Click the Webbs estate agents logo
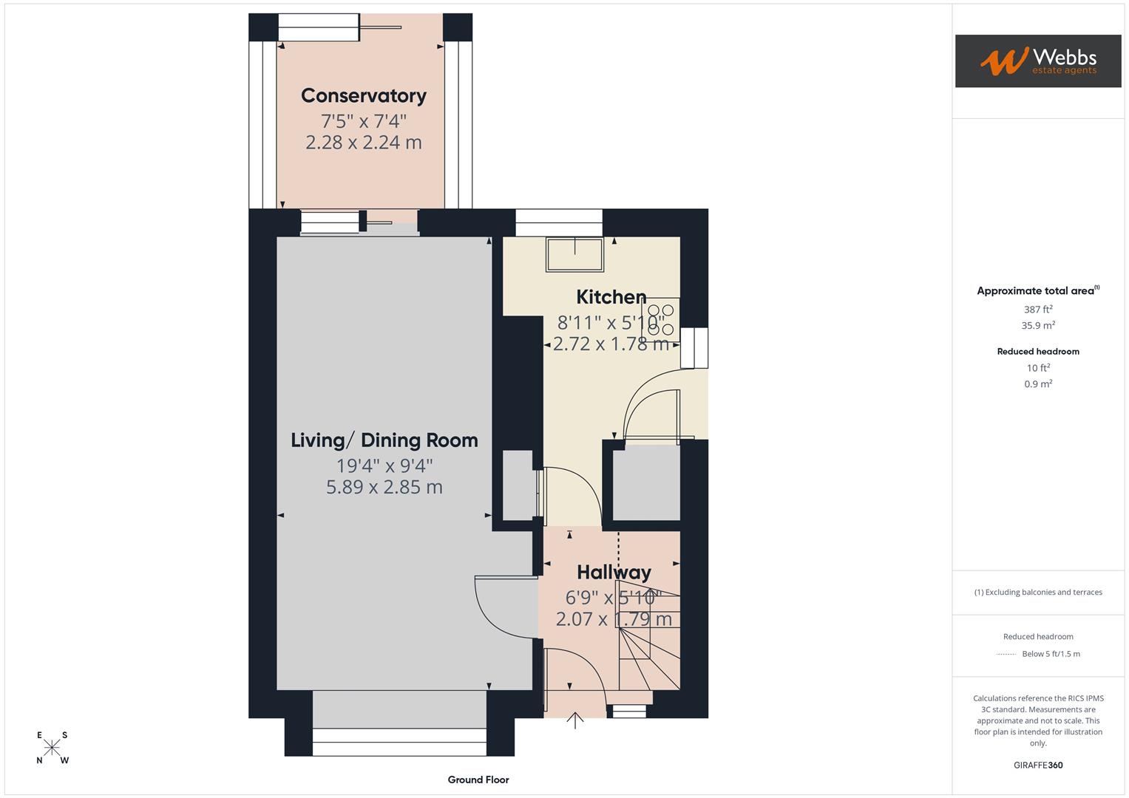(x=1037, y=61)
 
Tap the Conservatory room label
(x=363, y=96)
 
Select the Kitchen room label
(x=611, y=297)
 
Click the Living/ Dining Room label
(x=384, y=440)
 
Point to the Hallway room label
(x=614, y=573)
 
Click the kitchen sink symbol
(x=574, y=254)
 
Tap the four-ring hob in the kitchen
(x=660, y=320)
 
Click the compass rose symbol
(x=52, y=748)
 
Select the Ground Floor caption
(x=478, y=780)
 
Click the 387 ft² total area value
(x=1037, y=310)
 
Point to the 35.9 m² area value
(x=1037, y=325)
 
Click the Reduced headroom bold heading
(x=1037, y=352)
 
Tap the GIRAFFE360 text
(x=1037, y=765)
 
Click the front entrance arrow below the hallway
(x=575, y=720)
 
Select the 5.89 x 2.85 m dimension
(x=384, y=487)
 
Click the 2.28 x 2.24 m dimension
(x=363, y=143)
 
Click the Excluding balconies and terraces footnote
(x=1037, y=592)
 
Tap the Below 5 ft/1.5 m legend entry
(x=1050, y=654)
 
